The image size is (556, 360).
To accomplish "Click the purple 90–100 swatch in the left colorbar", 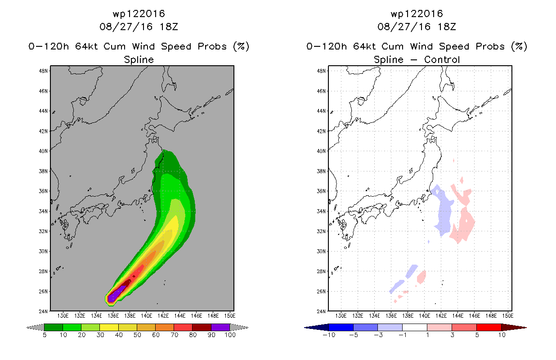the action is [x=220, y=327].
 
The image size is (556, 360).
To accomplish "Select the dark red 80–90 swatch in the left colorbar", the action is [x=202, y=327].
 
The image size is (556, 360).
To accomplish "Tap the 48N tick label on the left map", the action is [x=43, y=71].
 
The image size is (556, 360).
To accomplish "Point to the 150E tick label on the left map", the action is [x=230, y=316].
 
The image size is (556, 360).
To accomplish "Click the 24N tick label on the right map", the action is [x=321, y=311].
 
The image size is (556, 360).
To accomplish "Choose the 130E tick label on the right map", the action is [x=341, y=316].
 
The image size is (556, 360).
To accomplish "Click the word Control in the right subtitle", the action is [x=442, y=59].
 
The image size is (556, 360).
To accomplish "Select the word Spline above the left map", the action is [x=139, y=60].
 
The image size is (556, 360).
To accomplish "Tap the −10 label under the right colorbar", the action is [x=329, y=335].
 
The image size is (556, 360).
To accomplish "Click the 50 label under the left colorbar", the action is [x=137, y=335].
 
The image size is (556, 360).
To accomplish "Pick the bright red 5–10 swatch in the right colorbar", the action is [x=489, y=327].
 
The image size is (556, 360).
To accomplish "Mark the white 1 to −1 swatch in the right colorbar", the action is [x=415, y=327].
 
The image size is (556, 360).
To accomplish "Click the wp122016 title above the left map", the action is [x=139, y=13].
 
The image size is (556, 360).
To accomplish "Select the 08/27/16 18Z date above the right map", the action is [x=417, y=27].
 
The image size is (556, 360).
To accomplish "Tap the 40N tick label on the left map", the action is [x=43, y=151].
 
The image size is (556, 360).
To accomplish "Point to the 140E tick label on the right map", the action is [x=424, y=316].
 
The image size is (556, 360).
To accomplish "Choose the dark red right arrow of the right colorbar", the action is [x=513, y=328].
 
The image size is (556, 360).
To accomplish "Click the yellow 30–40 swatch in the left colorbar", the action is [x=109, y=327].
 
